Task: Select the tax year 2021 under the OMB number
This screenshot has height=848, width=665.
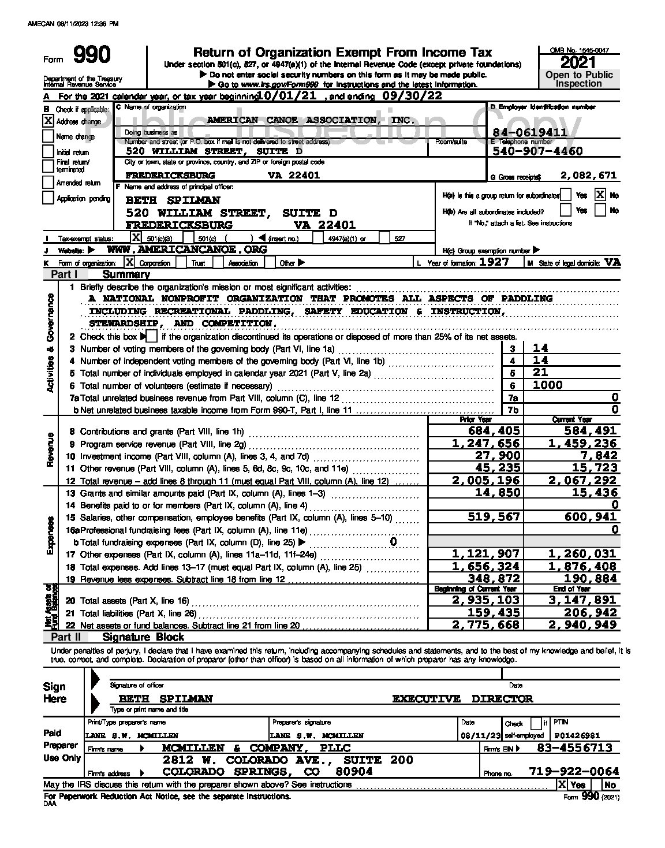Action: (x=578, y=62)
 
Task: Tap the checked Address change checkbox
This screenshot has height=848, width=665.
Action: (x=48, y=121)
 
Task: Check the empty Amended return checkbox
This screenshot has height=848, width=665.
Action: (x=48, y=183)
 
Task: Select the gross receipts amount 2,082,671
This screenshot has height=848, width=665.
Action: (x=588, y=176)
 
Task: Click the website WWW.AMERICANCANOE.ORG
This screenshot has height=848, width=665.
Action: (x=188, y=250)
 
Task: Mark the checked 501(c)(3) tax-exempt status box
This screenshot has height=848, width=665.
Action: (x=136, y=237)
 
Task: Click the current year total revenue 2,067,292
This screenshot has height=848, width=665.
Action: (x=582, y=481)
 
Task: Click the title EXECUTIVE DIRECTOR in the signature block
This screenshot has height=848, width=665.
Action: (x=462, y=699)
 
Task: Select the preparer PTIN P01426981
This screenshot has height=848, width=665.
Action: (x=577, y=736)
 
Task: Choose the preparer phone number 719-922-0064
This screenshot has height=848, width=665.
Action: (x=574, y=772)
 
